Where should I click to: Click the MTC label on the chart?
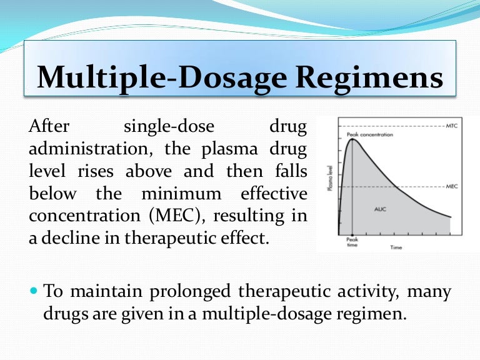click(452, 126)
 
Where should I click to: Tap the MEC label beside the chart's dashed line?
click(452, 186)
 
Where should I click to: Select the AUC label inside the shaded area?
click(380, 208)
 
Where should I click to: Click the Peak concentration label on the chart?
click(369, 134)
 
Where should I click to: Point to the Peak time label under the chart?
click(352, 242)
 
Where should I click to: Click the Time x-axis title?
click(396, 248)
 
